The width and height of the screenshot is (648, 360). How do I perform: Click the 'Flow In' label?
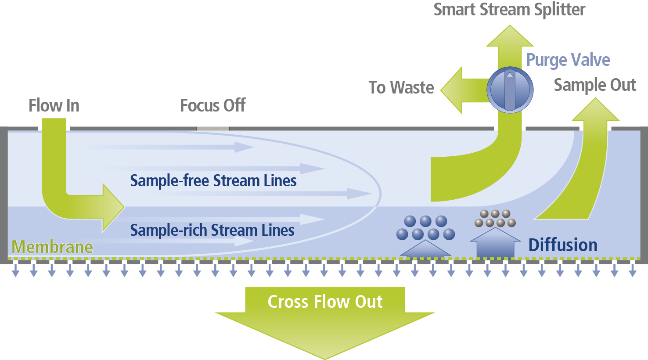(x=54, y=106)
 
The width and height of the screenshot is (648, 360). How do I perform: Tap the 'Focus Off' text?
(x=213, y=106)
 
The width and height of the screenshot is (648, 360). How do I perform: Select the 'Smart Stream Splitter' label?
(x=509, y=10)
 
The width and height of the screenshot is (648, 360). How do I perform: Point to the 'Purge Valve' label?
(x=568, y=60)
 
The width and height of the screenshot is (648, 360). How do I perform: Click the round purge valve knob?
(x=510, y=90)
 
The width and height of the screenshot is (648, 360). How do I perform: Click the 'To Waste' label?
(x=401, y=87)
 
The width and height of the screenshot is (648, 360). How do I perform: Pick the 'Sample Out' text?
(x=595, y=85)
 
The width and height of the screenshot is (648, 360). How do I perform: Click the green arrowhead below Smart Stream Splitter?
(x=510, y=37)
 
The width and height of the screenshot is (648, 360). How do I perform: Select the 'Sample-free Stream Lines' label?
(x=213, y=180)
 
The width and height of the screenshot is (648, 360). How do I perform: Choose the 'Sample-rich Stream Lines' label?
(x=212, y=230)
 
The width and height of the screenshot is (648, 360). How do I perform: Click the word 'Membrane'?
(x=52, y=247)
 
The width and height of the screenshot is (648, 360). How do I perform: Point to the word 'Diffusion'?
(x=563, y=245)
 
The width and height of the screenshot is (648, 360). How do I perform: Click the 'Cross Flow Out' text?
(x=325, y=302)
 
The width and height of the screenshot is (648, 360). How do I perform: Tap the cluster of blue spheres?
(x=425, y=228)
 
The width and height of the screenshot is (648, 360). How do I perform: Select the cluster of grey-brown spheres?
(x=495, y=218)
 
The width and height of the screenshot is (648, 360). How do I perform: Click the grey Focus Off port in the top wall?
(x=213, y=129)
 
